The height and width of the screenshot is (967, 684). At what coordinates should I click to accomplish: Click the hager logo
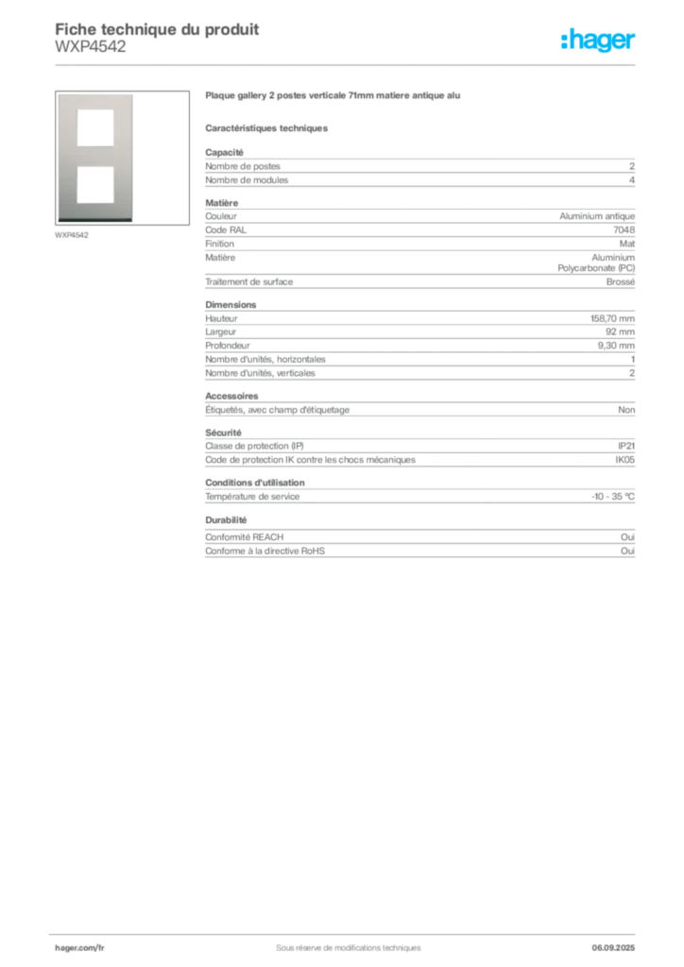point(597,40)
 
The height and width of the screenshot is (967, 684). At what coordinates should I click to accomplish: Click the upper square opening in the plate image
point(95,127)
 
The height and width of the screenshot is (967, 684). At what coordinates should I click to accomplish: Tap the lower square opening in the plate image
point(95,184)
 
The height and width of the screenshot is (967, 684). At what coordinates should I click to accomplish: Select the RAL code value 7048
point(624,230)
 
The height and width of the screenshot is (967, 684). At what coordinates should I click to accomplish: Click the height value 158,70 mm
point(612,319)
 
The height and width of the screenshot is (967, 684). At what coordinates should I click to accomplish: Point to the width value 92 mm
point(620,331)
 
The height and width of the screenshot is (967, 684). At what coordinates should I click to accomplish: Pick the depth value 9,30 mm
point(616,346)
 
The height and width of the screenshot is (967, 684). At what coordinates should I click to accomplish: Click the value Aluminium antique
point(597,216)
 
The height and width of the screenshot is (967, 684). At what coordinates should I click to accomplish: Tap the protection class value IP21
point(626,446)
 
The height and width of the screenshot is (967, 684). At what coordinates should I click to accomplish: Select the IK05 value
point(624,460)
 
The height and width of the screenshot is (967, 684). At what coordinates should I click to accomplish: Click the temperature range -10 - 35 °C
point(613,497)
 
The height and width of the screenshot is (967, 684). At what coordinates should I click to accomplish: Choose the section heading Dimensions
point(231,305)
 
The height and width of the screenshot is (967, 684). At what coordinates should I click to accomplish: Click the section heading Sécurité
point(223,433)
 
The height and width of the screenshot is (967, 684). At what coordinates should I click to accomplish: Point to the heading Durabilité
point(226,520)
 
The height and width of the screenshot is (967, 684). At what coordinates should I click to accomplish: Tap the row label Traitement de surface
point(249,281)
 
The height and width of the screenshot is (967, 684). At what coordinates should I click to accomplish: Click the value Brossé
point(621,281)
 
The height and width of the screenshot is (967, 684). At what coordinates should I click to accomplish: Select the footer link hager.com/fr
point(79,948)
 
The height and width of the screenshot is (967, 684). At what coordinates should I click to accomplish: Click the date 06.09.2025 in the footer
point(613,948)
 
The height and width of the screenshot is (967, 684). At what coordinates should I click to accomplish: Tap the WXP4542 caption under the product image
point(72,235)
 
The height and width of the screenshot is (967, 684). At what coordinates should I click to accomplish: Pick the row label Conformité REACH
point(245,537)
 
